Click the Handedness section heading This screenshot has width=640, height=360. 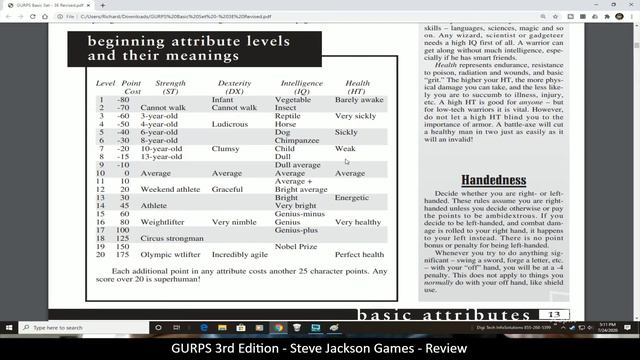[494, 181]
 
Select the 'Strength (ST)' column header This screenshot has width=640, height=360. [171, 86]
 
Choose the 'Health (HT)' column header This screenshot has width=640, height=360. [357, 86]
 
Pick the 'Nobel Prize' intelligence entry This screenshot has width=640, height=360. [296, 247]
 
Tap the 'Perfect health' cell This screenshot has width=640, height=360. [361, 256]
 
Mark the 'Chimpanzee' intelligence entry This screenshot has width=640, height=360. [297, 141]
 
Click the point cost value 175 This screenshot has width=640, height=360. [127, 256]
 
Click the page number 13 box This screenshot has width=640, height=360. [556, 316]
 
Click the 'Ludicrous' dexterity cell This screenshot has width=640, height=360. [230, 124]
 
